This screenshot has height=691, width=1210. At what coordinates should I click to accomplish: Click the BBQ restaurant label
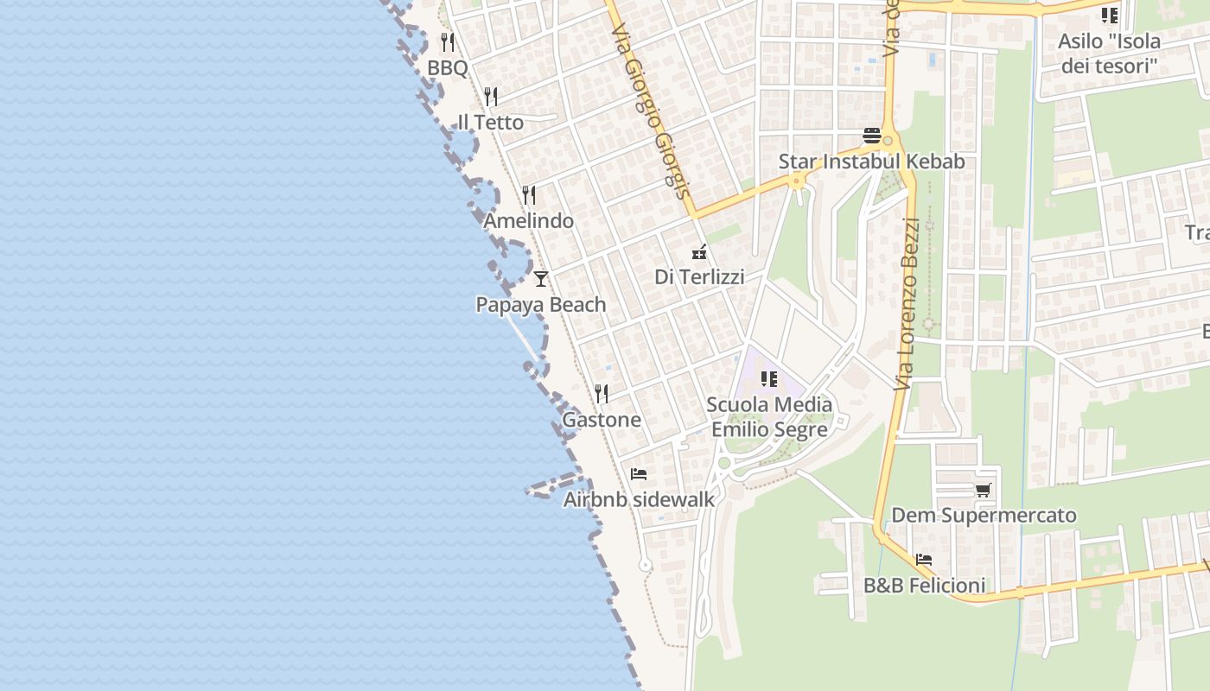(447, 68)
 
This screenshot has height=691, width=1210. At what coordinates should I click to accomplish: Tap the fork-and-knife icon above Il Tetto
(491, 96)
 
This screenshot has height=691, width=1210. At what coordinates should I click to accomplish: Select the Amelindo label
(528, 221)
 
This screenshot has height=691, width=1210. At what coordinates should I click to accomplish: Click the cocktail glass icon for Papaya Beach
(541, 278)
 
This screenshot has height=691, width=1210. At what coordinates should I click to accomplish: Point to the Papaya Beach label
(541, 305)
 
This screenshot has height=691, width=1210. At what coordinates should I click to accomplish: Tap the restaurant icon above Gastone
(602, 394)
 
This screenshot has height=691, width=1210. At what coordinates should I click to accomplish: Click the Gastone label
(602, 421)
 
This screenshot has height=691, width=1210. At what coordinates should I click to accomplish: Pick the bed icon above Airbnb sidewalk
(639, 473)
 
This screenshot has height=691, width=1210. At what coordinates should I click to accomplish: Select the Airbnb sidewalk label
(640, 499)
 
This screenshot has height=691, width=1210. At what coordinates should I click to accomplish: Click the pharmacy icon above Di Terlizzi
(699, 252)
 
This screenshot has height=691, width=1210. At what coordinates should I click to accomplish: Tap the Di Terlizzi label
(699, 277)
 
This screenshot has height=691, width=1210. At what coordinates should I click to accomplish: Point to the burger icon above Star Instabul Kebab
(871, 136)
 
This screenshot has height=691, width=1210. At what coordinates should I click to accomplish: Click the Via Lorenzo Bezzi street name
(907, 302)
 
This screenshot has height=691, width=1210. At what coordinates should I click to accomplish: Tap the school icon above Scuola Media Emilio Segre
(769, 378)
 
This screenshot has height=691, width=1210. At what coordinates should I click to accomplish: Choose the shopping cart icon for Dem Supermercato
(983, 490)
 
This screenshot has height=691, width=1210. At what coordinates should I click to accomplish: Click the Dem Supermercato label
(984, 516)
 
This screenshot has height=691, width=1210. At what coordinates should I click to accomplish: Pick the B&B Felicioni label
(924, 586)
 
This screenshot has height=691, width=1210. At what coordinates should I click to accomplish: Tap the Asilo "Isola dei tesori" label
(1109, 53)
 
